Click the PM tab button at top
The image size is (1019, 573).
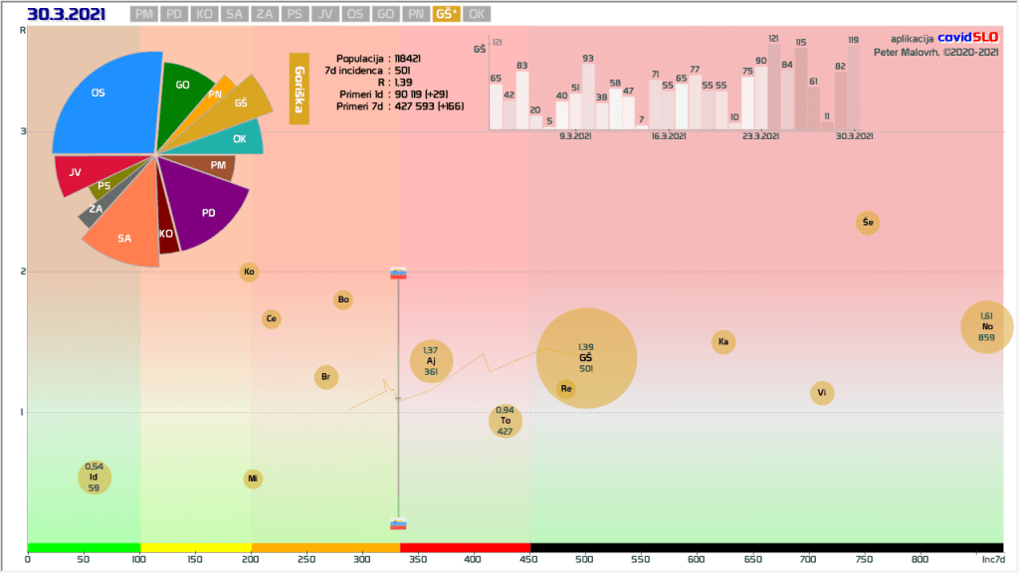143,14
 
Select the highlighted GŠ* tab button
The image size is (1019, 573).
447,14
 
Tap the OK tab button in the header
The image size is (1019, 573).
478,14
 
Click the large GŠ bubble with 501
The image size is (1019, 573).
585,357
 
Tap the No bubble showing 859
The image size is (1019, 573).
987,326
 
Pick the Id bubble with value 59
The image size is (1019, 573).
94,477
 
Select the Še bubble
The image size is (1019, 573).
868,223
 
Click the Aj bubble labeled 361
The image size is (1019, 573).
431,361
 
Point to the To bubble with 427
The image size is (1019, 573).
506,421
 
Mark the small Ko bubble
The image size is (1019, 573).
249,272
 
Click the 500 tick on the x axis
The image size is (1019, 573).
585,559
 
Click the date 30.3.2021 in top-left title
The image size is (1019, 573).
66,14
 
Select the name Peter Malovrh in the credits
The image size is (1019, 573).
909,52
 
